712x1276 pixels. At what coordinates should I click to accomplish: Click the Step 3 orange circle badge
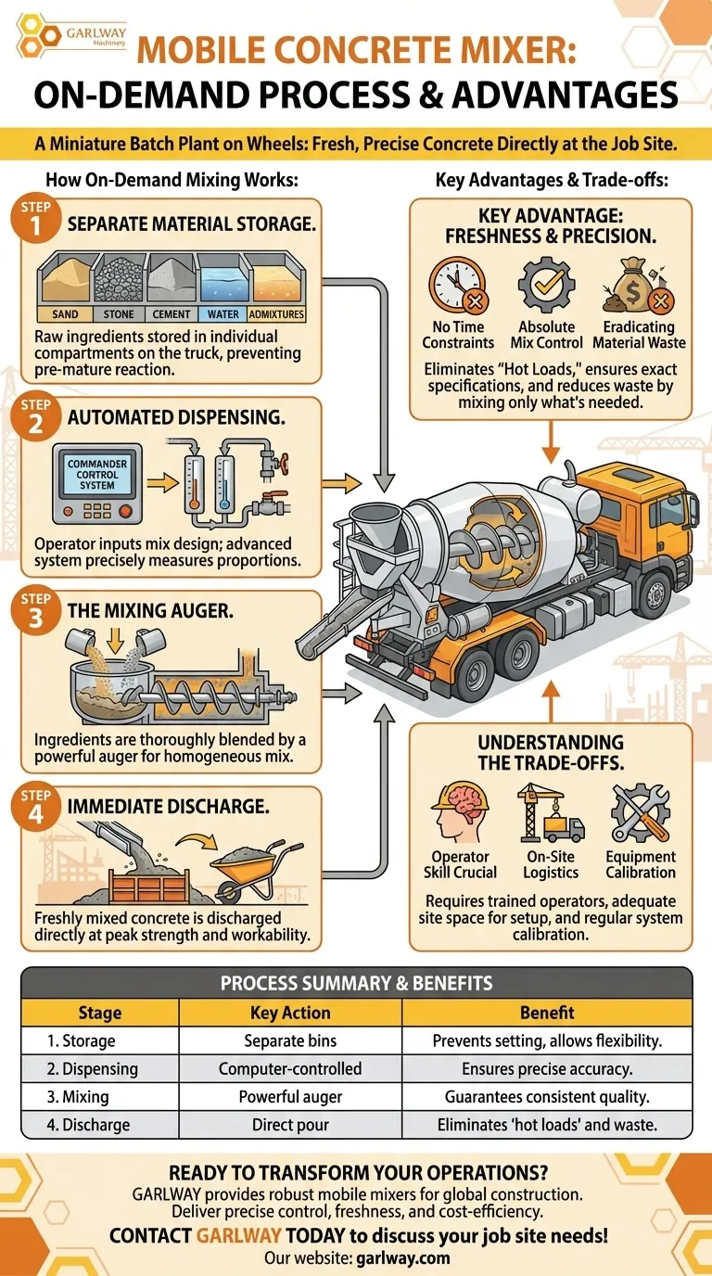click(35, 612)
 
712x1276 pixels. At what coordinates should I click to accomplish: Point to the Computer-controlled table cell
click(290, 1068)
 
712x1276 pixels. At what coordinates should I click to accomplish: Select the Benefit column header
click(547, 1013)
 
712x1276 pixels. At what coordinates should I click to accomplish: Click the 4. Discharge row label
click(70, 1125)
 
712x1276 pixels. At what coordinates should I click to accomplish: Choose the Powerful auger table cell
click(290, 1096)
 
